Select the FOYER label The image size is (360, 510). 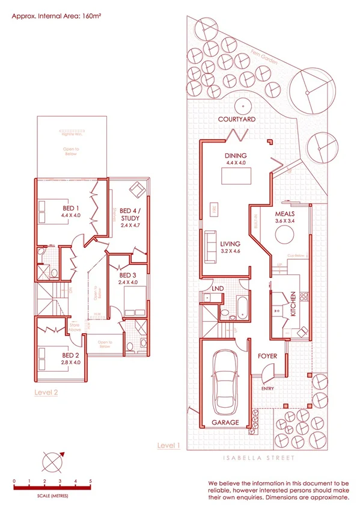coord(267,356)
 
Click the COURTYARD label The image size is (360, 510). coord(237,119)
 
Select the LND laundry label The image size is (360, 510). coord(218,289)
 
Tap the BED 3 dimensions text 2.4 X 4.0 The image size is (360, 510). coord(127,281)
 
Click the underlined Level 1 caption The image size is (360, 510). coord(169,445)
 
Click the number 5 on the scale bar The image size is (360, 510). coord(90,481)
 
